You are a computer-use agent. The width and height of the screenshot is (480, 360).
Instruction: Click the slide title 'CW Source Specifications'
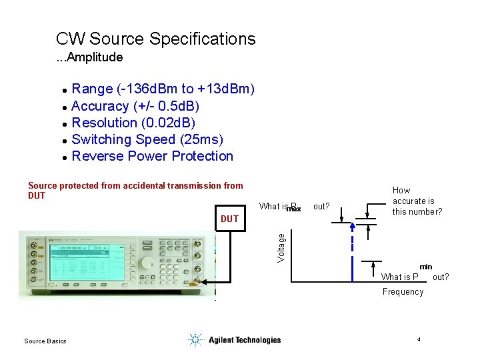tap(155, 39)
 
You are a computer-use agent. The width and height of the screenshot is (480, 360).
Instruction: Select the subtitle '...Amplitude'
tap(89, 57)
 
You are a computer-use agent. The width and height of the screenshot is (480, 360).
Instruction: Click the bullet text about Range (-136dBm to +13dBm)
tap(163, 89)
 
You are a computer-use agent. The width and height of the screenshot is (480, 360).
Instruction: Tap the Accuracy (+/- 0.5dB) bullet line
tap(135, 106)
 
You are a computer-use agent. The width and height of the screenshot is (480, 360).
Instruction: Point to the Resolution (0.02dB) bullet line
tap(133, 123)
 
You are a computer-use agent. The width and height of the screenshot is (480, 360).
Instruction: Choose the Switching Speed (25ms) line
tap(147, 139)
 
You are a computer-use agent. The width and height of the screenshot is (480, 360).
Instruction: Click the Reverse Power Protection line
tap(152, 156)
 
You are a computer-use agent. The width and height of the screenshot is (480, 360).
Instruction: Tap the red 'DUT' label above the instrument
tap(229, 219)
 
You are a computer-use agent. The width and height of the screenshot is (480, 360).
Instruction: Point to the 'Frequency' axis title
tap(403, 291)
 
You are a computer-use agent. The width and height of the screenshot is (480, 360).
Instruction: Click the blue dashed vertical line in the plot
tap(351, 253)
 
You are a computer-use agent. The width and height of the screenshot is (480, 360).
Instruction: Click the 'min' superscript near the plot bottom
tap(425, 267)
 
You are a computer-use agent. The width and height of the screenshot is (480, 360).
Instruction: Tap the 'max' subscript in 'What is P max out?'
tap(293, 209)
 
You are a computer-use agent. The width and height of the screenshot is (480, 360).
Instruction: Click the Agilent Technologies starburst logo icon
tap(195, 340)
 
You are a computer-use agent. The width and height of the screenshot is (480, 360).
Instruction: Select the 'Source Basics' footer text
tap(45, 341)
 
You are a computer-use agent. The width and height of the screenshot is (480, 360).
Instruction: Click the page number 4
tap(418, 340)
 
